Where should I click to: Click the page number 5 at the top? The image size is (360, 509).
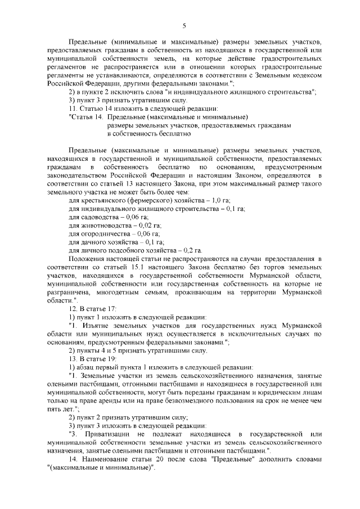(x=184, y=24)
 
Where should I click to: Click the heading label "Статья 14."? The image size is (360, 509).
(x=86, y=117)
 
